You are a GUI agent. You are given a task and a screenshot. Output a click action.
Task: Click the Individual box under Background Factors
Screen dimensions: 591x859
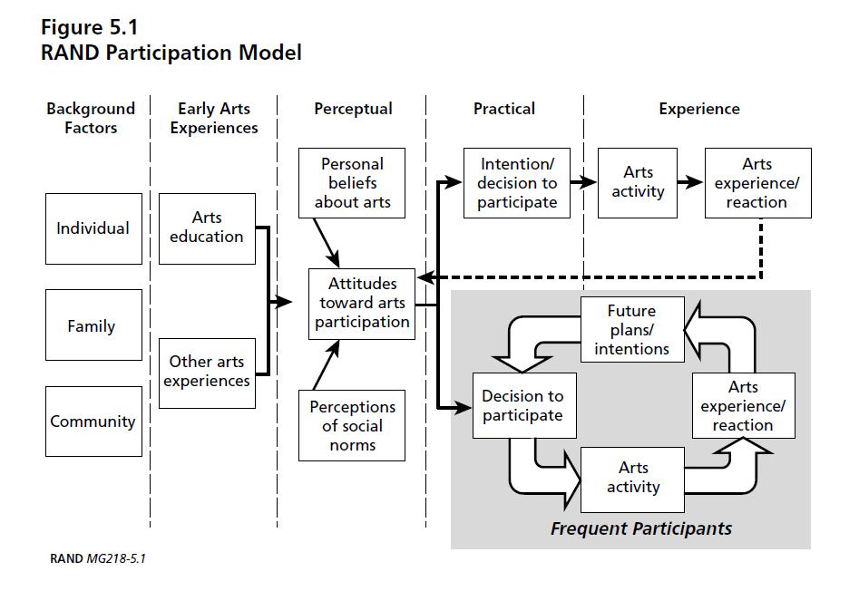coord(93,228)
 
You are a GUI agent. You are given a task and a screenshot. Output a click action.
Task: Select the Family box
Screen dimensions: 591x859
coord(93,325)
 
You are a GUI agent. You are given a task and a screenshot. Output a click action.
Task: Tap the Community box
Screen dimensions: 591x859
coord(93,421)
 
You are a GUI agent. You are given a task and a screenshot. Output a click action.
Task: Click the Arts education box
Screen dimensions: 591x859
coord(207,228)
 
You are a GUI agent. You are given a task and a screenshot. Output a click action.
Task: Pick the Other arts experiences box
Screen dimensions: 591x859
coord(207,372)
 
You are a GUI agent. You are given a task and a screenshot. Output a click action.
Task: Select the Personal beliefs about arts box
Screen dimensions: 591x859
coord(352,183)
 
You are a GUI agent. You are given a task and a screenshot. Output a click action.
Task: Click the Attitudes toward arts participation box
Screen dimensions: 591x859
coord(362,303)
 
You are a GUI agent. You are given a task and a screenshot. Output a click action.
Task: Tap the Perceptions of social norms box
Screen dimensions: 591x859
coord(352,426)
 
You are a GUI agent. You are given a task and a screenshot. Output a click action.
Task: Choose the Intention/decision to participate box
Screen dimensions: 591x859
coord(517,183)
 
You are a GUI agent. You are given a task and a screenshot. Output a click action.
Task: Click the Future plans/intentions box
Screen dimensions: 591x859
coord(631,330)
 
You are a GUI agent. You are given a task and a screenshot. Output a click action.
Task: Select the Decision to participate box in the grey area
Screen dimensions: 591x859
coord(522,406)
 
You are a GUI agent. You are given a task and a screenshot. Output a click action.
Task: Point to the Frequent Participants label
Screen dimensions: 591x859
coord(640,528)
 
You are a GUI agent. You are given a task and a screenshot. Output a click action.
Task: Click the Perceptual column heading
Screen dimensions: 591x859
coord(353,109)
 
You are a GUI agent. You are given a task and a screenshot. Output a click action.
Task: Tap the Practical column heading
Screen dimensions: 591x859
coord(504,109)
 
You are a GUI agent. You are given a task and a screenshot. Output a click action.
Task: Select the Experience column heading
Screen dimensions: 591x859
coord(698,109)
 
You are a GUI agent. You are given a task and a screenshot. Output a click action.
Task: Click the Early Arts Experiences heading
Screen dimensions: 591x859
coord(214,118)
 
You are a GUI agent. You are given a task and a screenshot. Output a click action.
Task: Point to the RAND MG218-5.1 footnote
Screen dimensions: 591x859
coord(97,558)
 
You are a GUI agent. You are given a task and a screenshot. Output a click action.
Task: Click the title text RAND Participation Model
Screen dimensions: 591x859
coord(171,53)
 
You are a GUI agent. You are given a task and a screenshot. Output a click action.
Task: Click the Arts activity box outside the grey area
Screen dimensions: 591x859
coord(638,182)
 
